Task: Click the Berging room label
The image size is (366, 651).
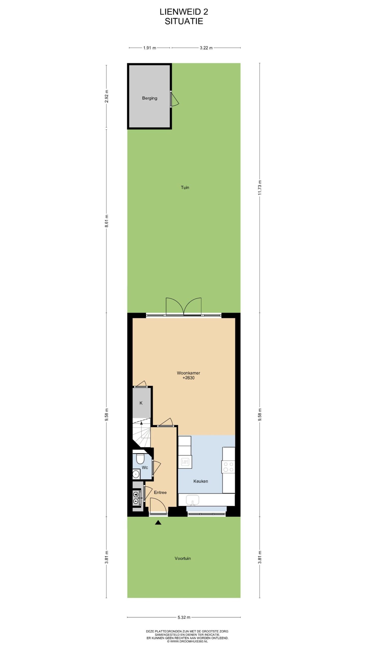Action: coord(149,98)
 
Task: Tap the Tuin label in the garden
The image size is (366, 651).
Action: coord(185,187)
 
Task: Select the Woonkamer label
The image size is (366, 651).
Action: coord(188,373)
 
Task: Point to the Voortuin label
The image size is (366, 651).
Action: coord(182,558)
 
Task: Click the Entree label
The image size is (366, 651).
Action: coord(160,492)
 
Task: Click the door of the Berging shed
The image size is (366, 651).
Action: coord(174,99)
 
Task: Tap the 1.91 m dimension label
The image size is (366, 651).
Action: coord(149,48)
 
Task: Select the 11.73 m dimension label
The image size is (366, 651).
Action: coord(260,187)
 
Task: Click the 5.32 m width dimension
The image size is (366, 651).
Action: coord(184,617)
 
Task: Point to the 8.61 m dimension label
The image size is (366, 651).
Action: coord(106,221)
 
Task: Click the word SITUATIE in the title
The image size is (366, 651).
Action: coord(184,21)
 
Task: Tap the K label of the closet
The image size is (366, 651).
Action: coord(141,403)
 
